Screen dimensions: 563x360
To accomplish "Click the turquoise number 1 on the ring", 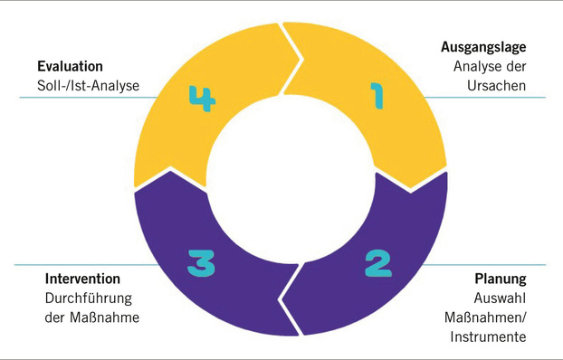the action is click(x=377, y=96).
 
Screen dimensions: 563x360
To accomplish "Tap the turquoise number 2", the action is click(x=378, y=263).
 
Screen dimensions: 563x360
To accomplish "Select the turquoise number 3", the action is click(x=201, y=263).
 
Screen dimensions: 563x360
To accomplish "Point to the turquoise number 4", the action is click(x=203, y=99).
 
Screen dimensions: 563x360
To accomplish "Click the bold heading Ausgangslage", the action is click(x=483, y=47).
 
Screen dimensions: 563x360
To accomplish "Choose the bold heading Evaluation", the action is click(x=70, y=66).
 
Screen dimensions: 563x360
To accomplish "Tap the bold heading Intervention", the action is click(x=82, y=279).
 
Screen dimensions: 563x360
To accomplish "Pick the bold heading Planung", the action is click(x=501, y=279).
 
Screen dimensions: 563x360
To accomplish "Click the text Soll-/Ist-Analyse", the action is click(x=89, y=86).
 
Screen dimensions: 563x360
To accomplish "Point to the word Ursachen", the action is click(x=497, y=86).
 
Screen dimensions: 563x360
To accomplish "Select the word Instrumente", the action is click(x=488, y=337).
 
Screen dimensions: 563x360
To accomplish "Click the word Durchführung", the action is click(x=89, y=298).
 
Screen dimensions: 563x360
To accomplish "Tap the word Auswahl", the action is click(x=500, y=298).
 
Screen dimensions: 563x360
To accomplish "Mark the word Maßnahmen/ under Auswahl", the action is click(x=485, y=317).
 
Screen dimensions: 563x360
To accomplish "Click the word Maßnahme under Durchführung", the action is click(x=104, y=317).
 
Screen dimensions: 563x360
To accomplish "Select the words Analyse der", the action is click(x=490, y=67).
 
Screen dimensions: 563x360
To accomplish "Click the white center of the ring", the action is click(x=291, y=178).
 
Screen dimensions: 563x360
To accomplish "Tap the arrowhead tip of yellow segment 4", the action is click(x=301, y=58).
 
